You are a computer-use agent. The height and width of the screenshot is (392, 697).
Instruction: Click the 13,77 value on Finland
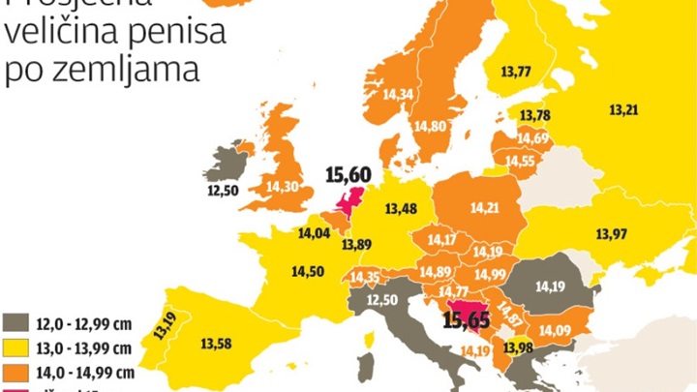click(x=516, y=71)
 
